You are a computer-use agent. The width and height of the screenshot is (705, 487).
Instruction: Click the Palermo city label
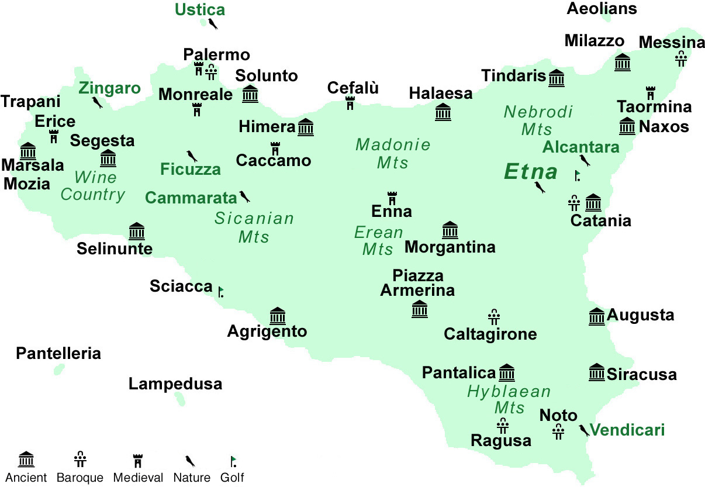coord(216,55)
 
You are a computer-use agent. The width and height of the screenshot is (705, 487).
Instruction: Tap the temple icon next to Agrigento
coord(277,316)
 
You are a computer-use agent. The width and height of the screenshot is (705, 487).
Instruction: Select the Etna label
coord(531,172)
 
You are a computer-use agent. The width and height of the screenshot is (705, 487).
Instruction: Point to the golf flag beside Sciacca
coord(221,291)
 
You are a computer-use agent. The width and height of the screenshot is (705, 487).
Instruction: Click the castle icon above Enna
coord(392,198)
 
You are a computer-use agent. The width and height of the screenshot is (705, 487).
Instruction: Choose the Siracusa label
coord(641,374)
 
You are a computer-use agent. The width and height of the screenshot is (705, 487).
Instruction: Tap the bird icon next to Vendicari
coord(583,431)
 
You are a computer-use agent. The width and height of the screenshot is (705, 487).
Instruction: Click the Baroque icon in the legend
coord(80,460)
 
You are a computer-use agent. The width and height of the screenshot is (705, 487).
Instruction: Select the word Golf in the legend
coord(232,478)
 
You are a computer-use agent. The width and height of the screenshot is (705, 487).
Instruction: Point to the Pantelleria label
coord(58,353)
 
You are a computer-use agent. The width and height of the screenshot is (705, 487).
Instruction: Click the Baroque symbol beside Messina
coord(680,58)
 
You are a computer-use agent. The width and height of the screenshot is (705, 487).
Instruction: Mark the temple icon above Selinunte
coord(136,232)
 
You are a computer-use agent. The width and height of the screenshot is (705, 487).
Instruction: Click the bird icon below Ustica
coord(213,24)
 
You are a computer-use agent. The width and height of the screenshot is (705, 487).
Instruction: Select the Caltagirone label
coord(490,334)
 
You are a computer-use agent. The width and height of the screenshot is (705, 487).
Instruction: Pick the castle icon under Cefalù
coord(350,103)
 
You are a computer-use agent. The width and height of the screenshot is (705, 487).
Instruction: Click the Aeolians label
coord(602,9)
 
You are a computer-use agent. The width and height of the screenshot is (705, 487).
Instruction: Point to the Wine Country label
coord(93,186)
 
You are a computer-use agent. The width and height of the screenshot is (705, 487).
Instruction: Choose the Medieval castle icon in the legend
coord(138,460)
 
